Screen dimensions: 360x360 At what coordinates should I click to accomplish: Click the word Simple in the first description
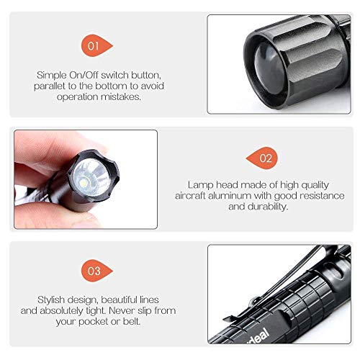click(x=53, y=74)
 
